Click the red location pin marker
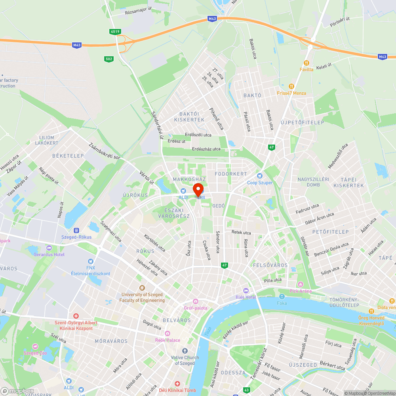(x=198, y=190)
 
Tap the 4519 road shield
(x=115, y=31)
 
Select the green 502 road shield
(x=109, y=59)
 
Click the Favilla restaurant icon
(x=306, y=63)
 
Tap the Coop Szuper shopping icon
(x=260, y=175)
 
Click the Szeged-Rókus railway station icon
(x=76, y=230)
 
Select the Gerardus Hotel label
(x=49, y=254)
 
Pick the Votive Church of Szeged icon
(x=185, y=351)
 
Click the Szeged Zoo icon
(x=35, y=346)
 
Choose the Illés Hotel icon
(x=246, y=291)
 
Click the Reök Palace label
(x=168, y=340)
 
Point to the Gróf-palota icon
(x=195, y=301)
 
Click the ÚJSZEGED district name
(x=303, y=365)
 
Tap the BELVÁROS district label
(x=177, y=320)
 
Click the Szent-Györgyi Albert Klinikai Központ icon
(x=76, y=316)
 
